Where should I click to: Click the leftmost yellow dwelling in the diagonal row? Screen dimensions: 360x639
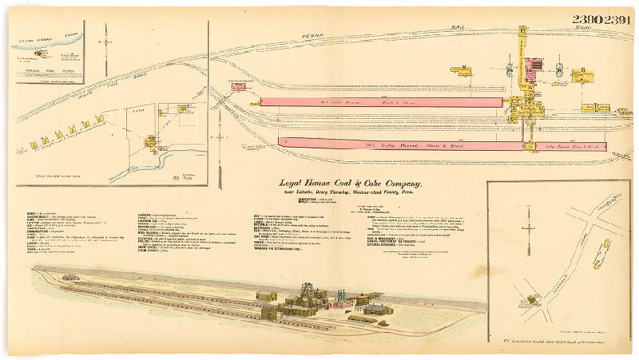(x=34, y=144)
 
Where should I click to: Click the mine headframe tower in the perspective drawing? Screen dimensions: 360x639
(x=308, y=289)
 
